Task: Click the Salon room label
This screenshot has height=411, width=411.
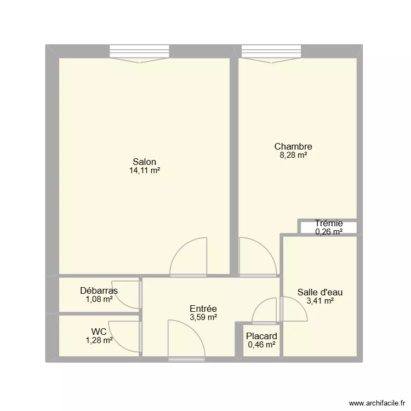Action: click(144, 162)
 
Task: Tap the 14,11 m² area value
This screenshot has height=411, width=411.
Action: click(144, 170)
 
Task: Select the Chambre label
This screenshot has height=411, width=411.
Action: click(293, 146)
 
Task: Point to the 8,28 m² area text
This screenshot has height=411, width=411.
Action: click(293, 155)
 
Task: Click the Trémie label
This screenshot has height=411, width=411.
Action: click(329, 223)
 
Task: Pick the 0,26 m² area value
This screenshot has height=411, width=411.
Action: click(329, 232)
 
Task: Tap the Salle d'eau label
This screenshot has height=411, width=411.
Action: click(320, 292)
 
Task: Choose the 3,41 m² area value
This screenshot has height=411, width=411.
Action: click(320, 300)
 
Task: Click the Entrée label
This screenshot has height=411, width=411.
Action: click(203, 309)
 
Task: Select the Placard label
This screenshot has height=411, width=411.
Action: click(261, 336)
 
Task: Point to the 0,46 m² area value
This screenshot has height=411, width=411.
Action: click(261, 345)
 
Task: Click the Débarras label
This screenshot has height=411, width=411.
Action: click(99, 290)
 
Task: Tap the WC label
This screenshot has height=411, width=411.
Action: click(99, 331)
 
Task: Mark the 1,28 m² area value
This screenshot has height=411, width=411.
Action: click(99, 340)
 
